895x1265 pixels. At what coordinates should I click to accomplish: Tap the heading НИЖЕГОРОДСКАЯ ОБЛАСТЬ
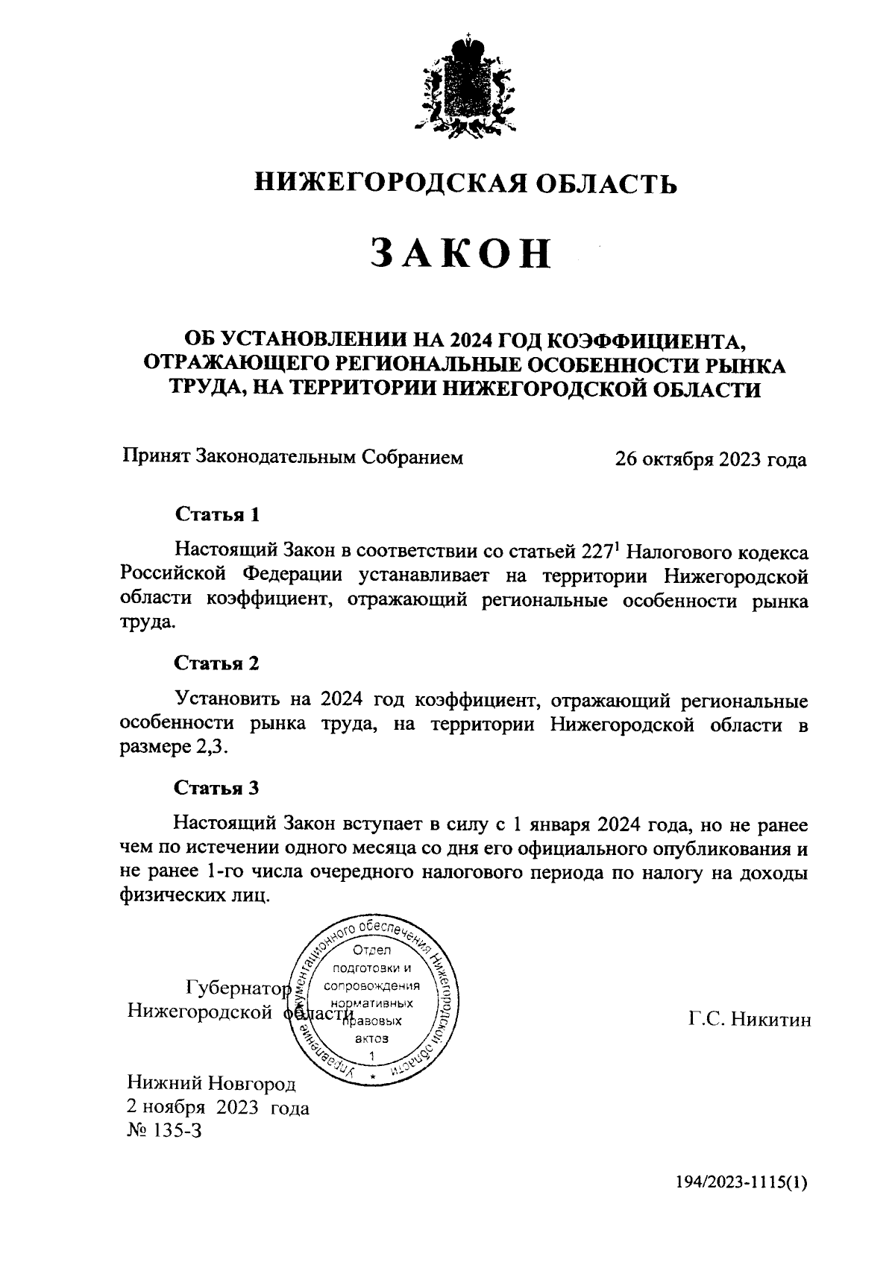tap(466, 182)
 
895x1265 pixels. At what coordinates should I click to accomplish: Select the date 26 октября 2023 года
tap(710, 459)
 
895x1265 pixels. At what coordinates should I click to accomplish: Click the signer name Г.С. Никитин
tap(749, 1020)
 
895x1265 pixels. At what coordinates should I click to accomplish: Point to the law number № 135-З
tap(165, 1131)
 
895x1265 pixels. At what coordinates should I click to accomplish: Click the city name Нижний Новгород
tap(211, 1082)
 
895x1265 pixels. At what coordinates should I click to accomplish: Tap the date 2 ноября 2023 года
tap(218, 1108)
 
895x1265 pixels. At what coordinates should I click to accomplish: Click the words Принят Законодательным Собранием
tap(292, 457)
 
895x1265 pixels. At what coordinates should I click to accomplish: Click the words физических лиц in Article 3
tap(192, 897)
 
